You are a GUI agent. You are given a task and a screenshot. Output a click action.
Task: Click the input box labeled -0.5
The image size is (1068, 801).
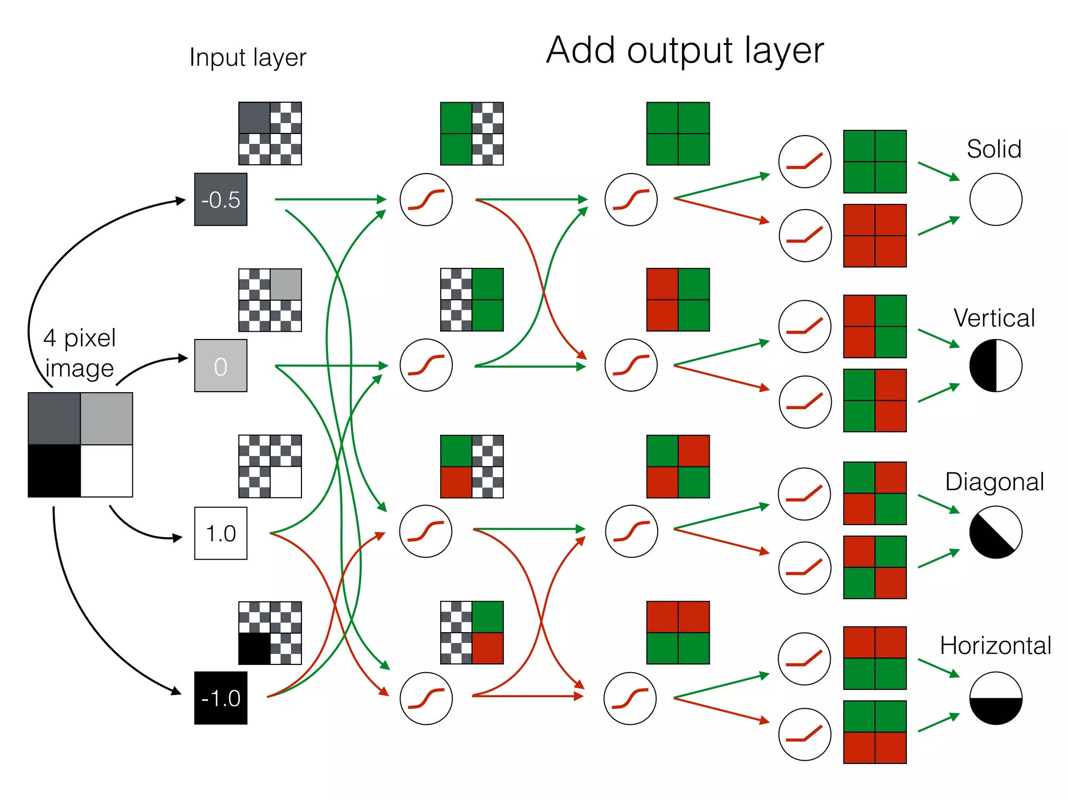221,199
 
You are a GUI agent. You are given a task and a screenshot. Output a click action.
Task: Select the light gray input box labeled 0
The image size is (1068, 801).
221,366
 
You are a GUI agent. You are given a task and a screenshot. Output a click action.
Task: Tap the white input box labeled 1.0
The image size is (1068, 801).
221,533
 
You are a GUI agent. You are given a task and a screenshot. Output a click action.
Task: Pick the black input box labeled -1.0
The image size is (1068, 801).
221,698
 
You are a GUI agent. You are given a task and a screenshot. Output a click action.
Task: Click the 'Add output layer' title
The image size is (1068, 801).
685,51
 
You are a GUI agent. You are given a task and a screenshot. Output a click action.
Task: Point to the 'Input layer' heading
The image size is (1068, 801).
248,57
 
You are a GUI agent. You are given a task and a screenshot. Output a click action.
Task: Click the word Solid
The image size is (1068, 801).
993,149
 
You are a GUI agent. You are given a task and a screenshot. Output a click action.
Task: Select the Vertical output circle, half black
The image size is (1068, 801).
996,366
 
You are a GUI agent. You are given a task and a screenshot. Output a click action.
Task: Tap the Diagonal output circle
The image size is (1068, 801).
996,532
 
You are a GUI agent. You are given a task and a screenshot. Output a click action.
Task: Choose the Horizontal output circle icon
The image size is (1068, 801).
996,698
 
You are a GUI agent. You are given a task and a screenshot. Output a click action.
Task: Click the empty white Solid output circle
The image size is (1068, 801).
996,199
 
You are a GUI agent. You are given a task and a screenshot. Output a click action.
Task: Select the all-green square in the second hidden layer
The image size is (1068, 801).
678,133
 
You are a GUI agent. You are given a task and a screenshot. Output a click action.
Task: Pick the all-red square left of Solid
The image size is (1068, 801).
875,236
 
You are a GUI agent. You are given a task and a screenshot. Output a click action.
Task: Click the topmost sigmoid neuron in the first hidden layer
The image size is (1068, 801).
426,199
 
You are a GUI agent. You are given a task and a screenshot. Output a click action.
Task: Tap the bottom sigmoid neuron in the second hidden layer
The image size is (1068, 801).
630,698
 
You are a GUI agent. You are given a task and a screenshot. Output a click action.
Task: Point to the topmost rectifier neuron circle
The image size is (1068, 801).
805,162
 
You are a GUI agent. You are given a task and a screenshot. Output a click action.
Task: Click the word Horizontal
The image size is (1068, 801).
995,646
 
